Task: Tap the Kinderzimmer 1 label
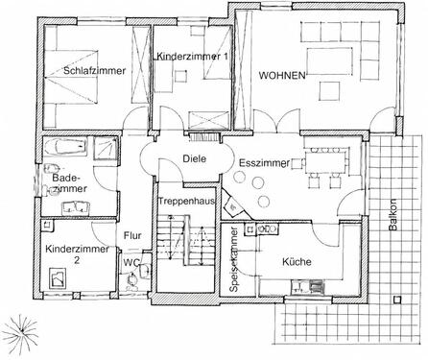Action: click(191, 58)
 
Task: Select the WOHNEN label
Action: click(281, 75)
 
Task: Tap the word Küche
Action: click(298, 260)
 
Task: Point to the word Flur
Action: click(132, 233)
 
